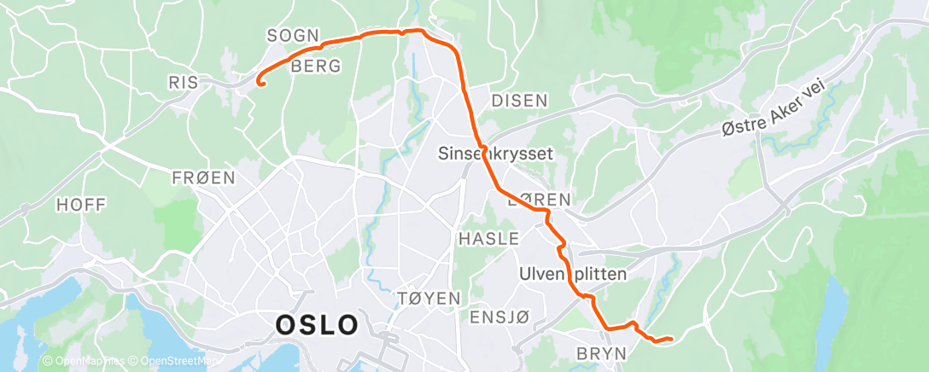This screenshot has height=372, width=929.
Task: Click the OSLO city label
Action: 317,325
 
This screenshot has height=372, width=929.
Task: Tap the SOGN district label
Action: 293,36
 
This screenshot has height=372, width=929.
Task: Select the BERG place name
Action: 316,66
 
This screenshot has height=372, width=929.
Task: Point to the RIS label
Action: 184,82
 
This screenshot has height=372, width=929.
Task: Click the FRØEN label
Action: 203,177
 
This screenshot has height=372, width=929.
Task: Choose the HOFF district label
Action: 81,205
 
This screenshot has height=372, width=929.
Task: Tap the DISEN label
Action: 519,101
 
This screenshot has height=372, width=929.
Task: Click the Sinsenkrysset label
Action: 496,154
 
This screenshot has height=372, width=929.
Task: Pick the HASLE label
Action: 489,239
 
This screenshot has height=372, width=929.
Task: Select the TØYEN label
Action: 429,299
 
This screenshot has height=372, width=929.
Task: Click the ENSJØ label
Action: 500,317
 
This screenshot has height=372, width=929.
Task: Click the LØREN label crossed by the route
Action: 538,200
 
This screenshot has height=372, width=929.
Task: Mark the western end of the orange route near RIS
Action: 260,83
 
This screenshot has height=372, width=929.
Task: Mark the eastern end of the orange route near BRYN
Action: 671,339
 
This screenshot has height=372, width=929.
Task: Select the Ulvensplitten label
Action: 573,275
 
